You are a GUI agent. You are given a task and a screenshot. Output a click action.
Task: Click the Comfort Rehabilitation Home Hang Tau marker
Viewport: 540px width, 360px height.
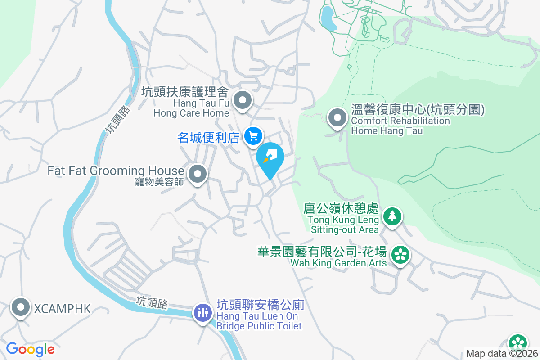pyautogui.click(x=337, y=119)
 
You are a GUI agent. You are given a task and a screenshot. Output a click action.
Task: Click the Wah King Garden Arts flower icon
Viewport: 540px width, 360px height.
pyautogui.click(x=399, y=255)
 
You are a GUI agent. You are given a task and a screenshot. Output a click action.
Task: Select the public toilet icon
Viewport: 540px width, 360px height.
pyautogui.click(x=202, y=312)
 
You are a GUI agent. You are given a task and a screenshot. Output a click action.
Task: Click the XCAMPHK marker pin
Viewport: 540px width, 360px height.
pyautogui.click(x=20, y=308)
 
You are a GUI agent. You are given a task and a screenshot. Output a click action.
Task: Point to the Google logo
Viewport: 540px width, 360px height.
pyautogui.click(x=30, y=349)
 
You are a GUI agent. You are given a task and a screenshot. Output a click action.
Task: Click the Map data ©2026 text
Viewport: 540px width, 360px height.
pyautogui.click(x=502, y=354)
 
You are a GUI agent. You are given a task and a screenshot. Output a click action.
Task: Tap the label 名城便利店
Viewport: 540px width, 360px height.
pyautogui.click(x=208, y=137)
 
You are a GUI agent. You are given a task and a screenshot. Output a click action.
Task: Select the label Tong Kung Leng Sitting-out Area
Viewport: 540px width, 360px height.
pyautogui.click(x=344, y=225)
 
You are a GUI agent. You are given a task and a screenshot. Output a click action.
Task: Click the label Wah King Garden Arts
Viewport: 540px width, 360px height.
pyautogui.click(x=338, y=263)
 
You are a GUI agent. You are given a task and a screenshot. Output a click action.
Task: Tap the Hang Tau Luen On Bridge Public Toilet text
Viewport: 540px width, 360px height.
pyautogui.click(x=260, y=321)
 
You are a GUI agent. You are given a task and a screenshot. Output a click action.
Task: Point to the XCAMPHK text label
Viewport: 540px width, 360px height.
pyautogui.click(x=62, y=309)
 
